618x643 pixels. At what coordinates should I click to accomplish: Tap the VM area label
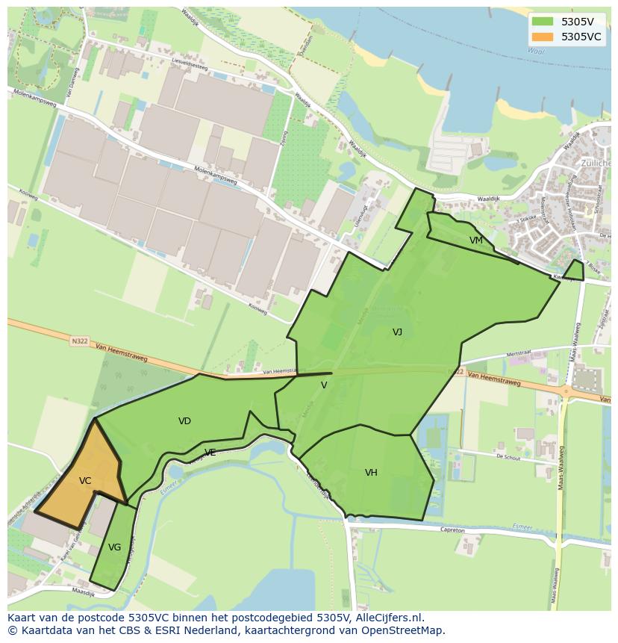click(476, 240)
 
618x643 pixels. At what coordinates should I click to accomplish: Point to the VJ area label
click(397, 332)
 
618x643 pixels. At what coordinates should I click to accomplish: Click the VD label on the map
click(184, 421)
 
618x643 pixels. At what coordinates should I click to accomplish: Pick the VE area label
click(210, 453)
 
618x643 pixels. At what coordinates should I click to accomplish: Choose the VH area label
click(371, 472)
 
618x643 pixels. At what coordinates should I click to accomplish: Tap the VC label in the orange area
click(85, 481)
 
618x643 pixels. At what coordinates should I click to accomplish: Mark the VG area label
click(114, 547)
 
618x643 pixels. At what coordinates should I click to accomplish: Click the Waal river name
click(536, 51)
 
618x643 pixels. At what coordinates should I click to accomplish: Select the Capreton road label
click(453, 530)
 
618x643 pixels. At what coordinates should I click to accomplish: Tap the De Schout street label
click(508, 456)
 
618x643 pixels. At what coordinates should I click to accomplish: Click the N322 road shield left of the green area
click(79, 341)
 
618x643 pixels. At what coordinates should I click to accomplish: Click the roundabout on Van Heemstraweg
click(566, 390)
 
